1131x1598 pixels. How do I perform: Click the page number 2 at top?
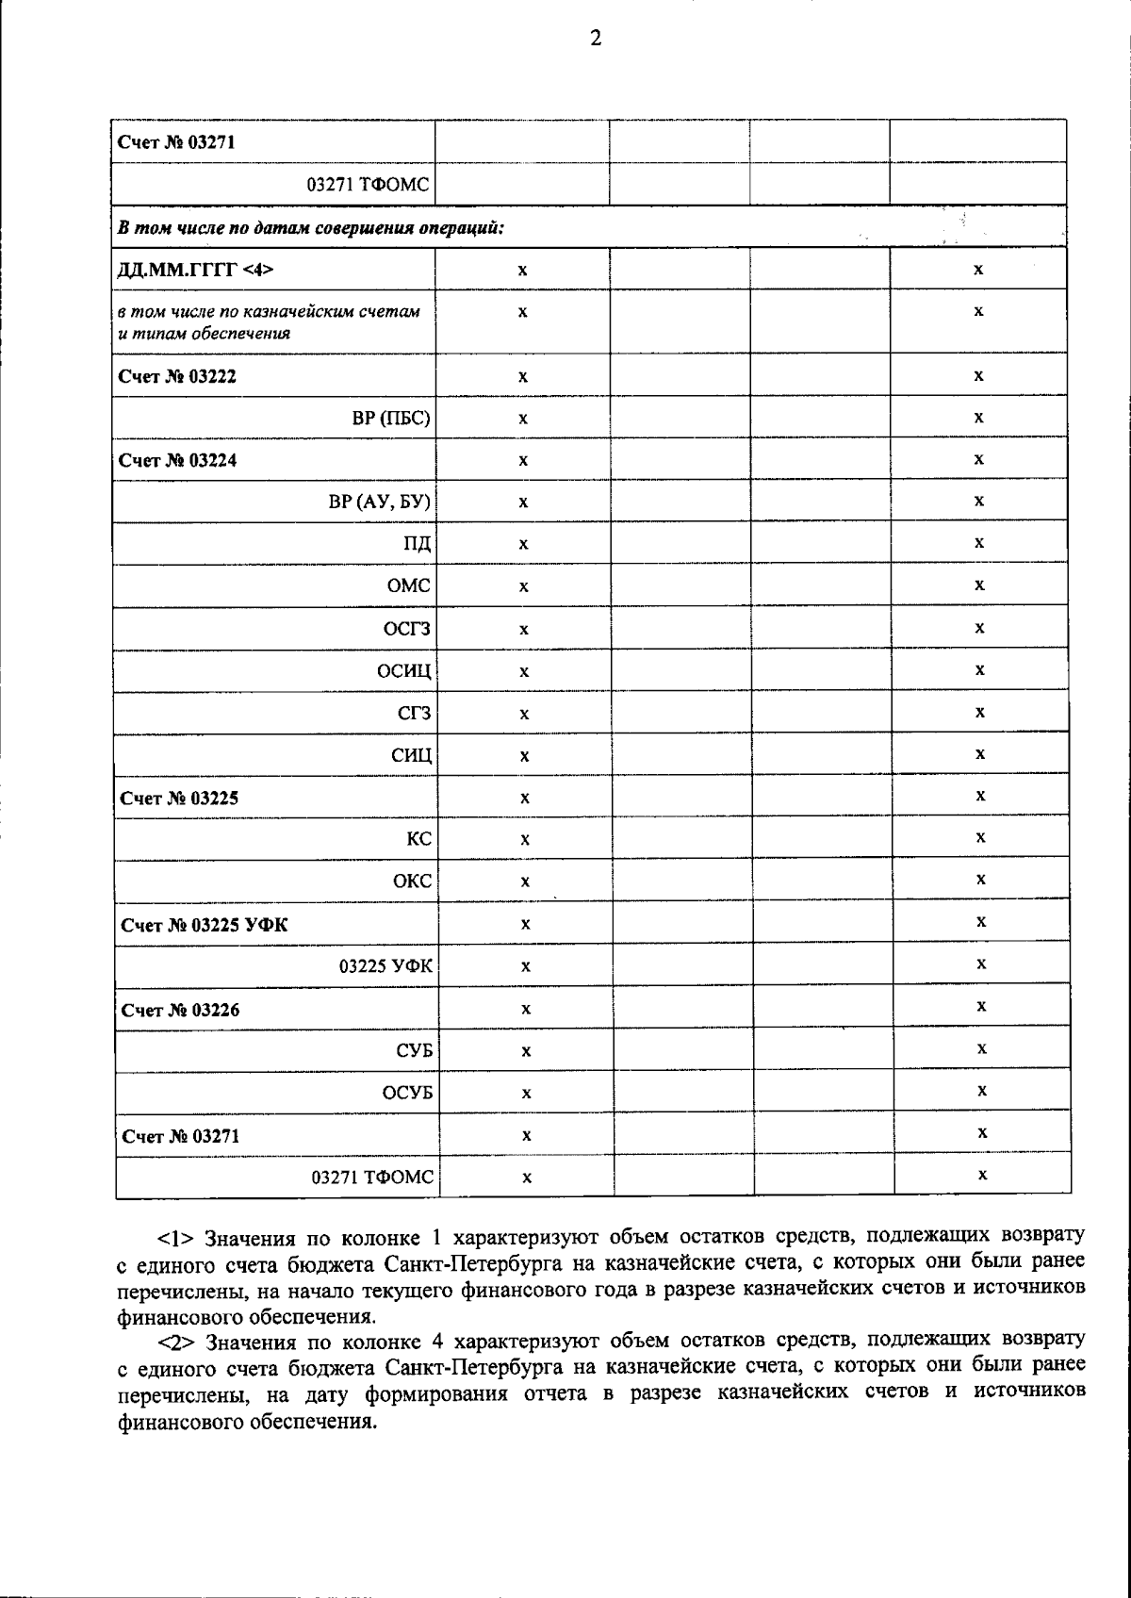595,39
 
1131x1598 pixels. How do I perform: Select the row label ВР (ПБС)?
392,419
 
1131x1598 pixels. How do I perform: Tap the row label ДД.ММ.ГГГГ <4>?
195,270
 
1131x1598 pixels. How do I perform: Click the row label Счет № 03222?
177,376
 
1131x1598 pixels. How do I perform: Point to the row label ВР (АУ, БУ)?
380,502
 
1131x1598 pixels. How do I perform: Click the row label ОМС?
409,585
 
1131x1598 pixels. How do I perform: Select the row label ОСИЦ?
403,671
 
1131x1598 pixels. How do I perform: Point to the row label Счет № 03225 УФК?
205,925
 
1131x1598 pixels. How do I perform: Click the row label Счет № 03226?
180,1010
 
